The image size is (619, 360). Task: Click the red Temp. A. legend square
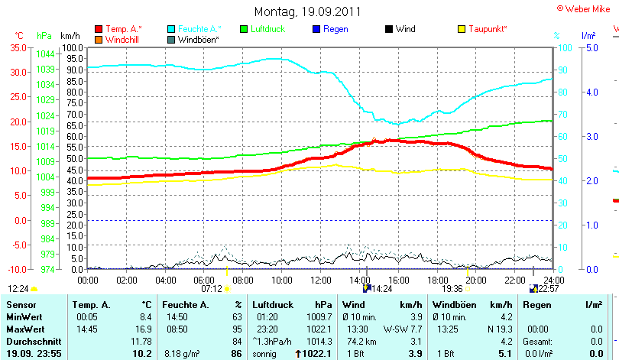point(99,29)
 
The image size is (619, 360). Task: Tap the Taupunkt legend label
point(488,29)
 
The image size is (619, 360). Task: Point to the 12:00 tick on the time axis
point(321,281)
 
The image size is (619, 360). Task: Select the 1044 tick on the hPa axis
point(45,54)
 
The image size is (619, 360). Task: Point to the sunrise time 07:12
point(211,289)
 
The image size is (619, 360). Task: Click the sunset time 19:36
point(452,289)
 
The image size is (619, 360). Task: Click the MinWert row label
point(24,316)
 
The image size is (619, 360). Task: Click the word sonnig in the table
point(266,354)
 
